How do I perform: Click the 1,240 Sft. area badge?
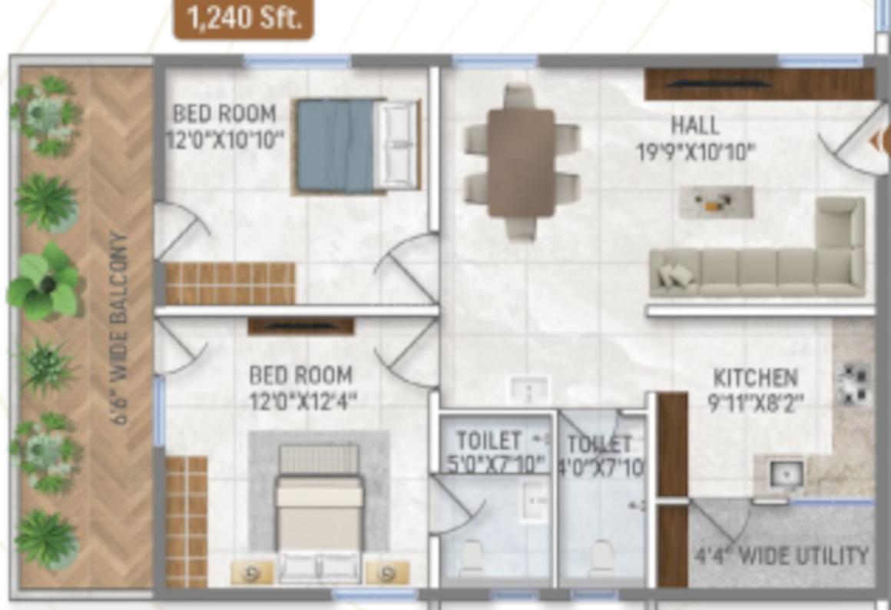243,18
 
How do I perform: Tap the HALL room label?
694,124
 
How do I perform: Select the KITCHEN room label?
755,378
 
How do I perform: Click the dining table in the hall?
521,162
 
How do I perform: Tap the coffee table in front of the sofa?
716,202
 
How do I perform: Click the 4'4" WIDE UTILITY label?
781,555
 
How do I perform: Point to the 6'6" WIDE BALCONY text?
121,328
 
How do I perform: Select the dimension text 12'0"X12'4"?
302,401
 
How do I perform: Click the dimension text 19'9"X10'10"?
695,151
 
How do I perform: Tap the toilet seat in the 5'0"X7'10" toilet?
471,556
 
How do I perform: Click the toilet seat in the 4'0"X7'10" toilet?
601,556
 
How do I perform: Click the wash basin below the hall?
529,390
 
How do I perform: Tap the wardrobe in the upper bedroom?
230,283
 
